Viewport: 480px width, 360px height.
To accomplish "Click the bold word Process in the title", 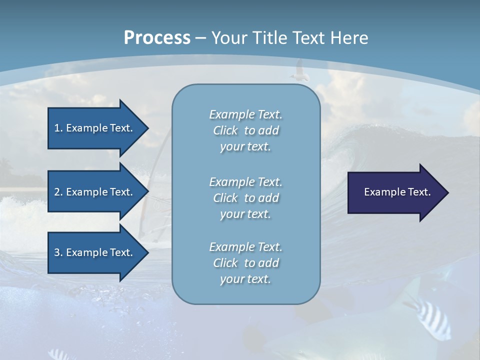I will (157, 38).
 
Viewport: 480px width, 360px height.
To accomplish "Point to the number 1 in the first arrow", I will (57, 128).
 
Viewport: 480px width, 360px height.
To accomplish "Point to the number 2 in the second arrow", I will (57, 192).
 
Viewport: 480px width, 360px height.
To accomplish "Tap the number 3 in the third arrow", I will (57, 252).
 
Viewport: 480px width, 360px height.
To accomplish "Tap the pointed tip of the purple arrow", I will (447, 192).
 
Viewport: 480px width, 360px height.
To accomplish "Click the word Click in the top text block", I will (225, 130).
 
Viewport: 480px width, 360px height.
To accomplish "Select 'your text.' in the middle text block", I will (245, 214).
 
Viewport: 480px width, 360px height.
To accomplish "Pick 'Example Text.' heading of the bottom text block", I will (245, 247).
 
